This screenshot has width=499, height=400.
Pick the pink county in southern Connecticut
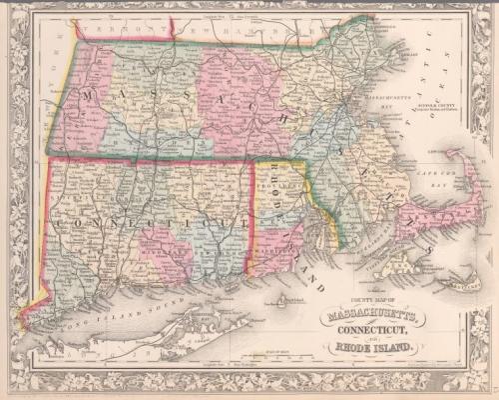click(x=165, y=250)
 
